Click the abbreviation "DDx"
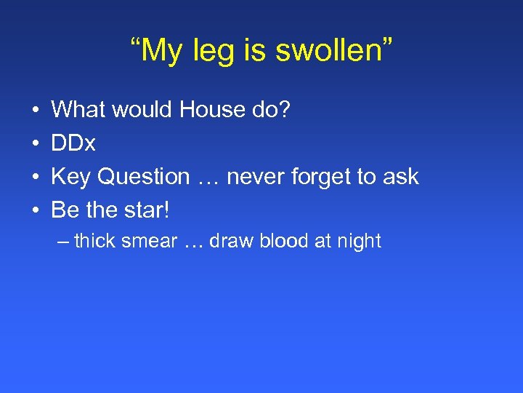73,143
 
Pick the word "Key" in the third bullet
70,177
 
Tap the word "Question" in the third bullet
143,177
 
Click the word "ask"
400,177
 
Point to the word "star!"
145,210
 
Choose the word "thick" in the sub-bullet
97,241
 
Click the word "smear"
151,241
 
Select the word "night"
357,241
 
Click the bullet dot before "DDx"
36,144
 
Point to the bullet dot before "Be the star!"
36,211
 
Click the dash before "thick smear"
61,241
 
